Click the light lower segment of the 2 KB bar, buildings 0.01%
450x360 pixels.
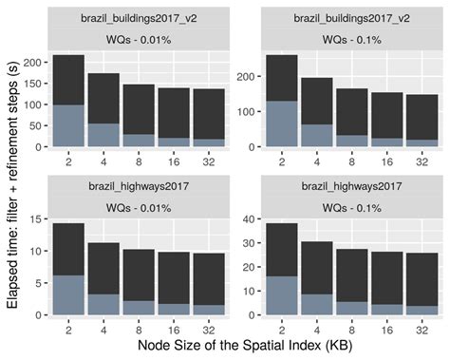pos(69,126)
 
